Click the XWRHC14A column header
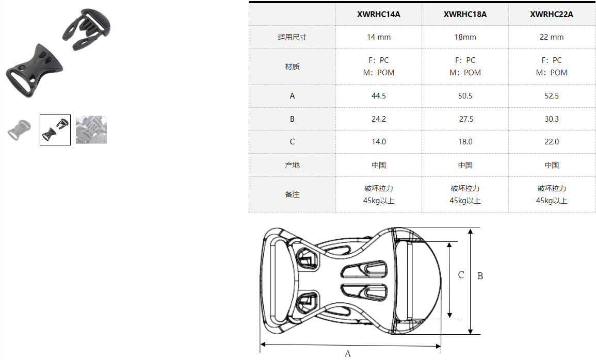379,14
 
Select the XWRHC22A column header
552,14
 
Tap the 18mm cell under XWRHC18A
465,37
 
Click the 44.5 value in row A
379,96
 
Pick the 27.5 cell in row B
466,119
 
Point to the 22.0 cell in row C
552,142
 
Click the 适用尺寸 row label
292,37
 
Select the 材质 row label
292,67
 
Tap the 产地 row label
292,165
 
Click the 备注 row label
292,194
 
